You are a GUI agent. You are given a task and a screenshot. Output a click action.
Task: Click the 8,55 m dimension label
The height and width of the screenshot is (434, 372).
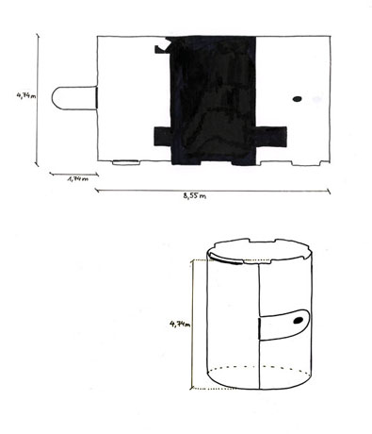click(x=195, y=196)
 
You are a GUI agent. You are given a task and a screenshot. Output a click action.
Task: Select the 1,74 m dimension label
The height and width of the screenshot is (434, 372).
click(x=78, y=179)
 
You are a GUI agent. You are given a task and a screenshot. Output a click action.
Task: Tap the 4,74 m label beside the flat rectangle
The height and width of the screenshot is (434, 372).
click(x=26, y=95)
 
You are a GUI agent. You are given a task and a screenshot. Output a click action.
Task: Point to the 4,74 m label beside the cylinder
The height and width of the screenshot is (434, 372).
click(x=180, y=324)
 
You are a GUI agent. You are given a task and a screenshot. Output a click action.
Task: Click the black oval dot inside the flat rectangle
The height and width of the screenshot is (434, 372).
click(x=297, y=99)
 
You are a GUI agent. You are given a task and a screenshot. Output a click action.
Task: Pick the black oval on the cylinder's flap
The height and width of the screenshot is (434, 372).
click(x=298, y=320)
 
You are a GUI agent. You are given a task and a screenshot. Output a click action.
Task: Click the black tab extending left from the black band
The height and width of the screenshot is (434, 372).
click(x=163, y=136)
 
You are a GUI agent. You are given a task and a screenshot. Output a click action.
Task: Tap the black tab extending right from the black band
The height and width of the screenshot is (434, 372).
click(x=271, y=137)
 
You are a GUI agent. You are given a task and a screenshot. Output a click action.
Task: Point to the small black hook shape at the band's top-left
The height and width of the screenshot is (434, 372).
click(x=162, y=49)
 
